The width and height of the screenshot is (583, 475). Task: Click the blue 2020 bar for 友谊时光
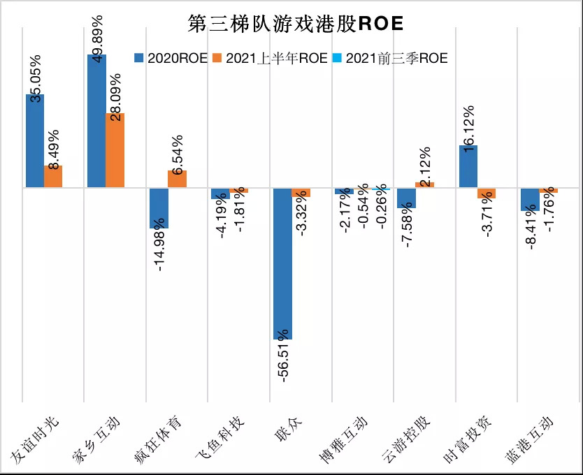coord(35,140)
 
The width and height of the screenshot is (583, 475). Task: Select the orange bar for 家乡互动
coord(115,150)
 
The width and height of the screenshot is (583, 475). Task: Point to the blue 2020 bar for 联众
coord(282,263)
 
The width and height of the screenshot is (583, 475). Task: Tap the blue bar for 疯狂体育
coord(159,208)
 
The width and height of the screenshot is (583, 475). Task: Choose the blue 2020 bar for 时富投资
coord(468,166)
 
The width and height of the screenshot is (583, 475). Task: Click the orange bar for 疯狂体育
coord(178,179)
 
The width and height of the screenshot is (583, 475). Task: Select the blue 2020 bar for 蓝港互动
coord(530,199)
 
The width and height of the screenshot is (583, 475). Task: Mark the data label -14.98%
coord(159,249)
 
